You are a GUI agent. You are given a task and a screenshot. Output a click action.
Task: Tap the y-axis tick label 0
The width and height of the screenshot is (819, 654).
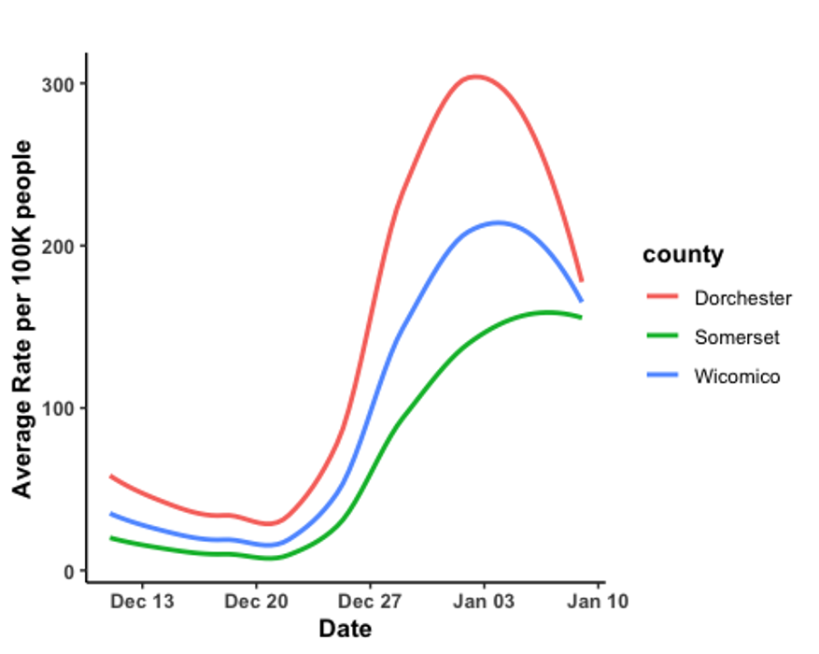click(x=69, y=571)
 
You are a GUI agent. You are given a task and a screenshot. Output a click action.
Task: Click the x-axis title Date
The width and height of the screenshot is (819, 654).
click(x=345, y=629)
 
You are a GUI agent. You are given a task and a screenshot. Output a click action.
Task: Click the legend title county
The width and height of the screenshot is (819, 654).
click(x=683, y=254)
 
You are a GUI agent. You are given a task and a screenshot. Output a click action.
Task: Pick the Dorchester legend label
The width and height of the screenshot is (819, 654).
click(x=742, y=298)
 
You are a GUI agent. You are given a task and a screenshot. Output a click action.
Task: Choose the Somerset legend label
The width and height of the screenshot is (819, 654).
click(x=736, y=337)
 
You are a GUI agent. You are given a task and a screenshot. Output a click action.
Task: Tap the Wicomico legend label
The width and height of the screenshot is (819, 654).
click(x=737, y=377)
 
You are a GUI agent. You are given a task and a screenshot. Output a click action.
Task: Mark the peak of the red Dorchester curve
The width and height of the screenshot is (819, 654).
click(x=476, y=77)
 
